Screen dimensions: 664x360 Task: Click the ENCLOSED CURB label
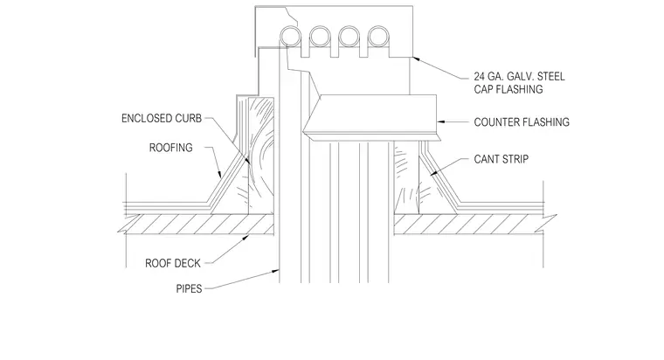pyautogui.click(x=162, y=118)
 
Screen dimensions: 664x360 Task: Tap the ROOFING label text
pyautogui.click(x=170, y=148)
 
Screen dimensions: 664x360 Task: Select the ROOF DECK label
pyautogui.click(x=173, y=263)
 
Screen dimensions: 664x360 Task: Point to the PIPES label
pyautogui.click(x=189, y=289)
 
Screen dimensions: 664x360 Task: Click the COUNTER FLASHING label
pyautogui.click(x=522, y=122)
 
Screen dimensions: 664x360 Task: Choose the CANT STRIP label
pyautogui.click(x=501, y=159)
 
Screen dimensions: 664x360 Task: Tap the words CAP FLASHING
pyautogui.click(x=508, y=89)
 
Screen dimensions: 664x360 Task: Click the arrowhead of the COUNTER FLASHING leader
pyautogui.click(x=440, y=122)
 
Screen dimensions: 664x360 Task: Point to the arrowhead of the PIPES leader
pyautogui.click(x=276, y=271)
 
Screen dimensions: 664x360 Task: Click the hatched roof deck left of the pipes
pyautogui.click(x=197, y=224)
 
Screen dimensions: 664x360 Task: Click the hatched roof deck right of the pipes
pyautogui.click(x=474, y=224)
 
